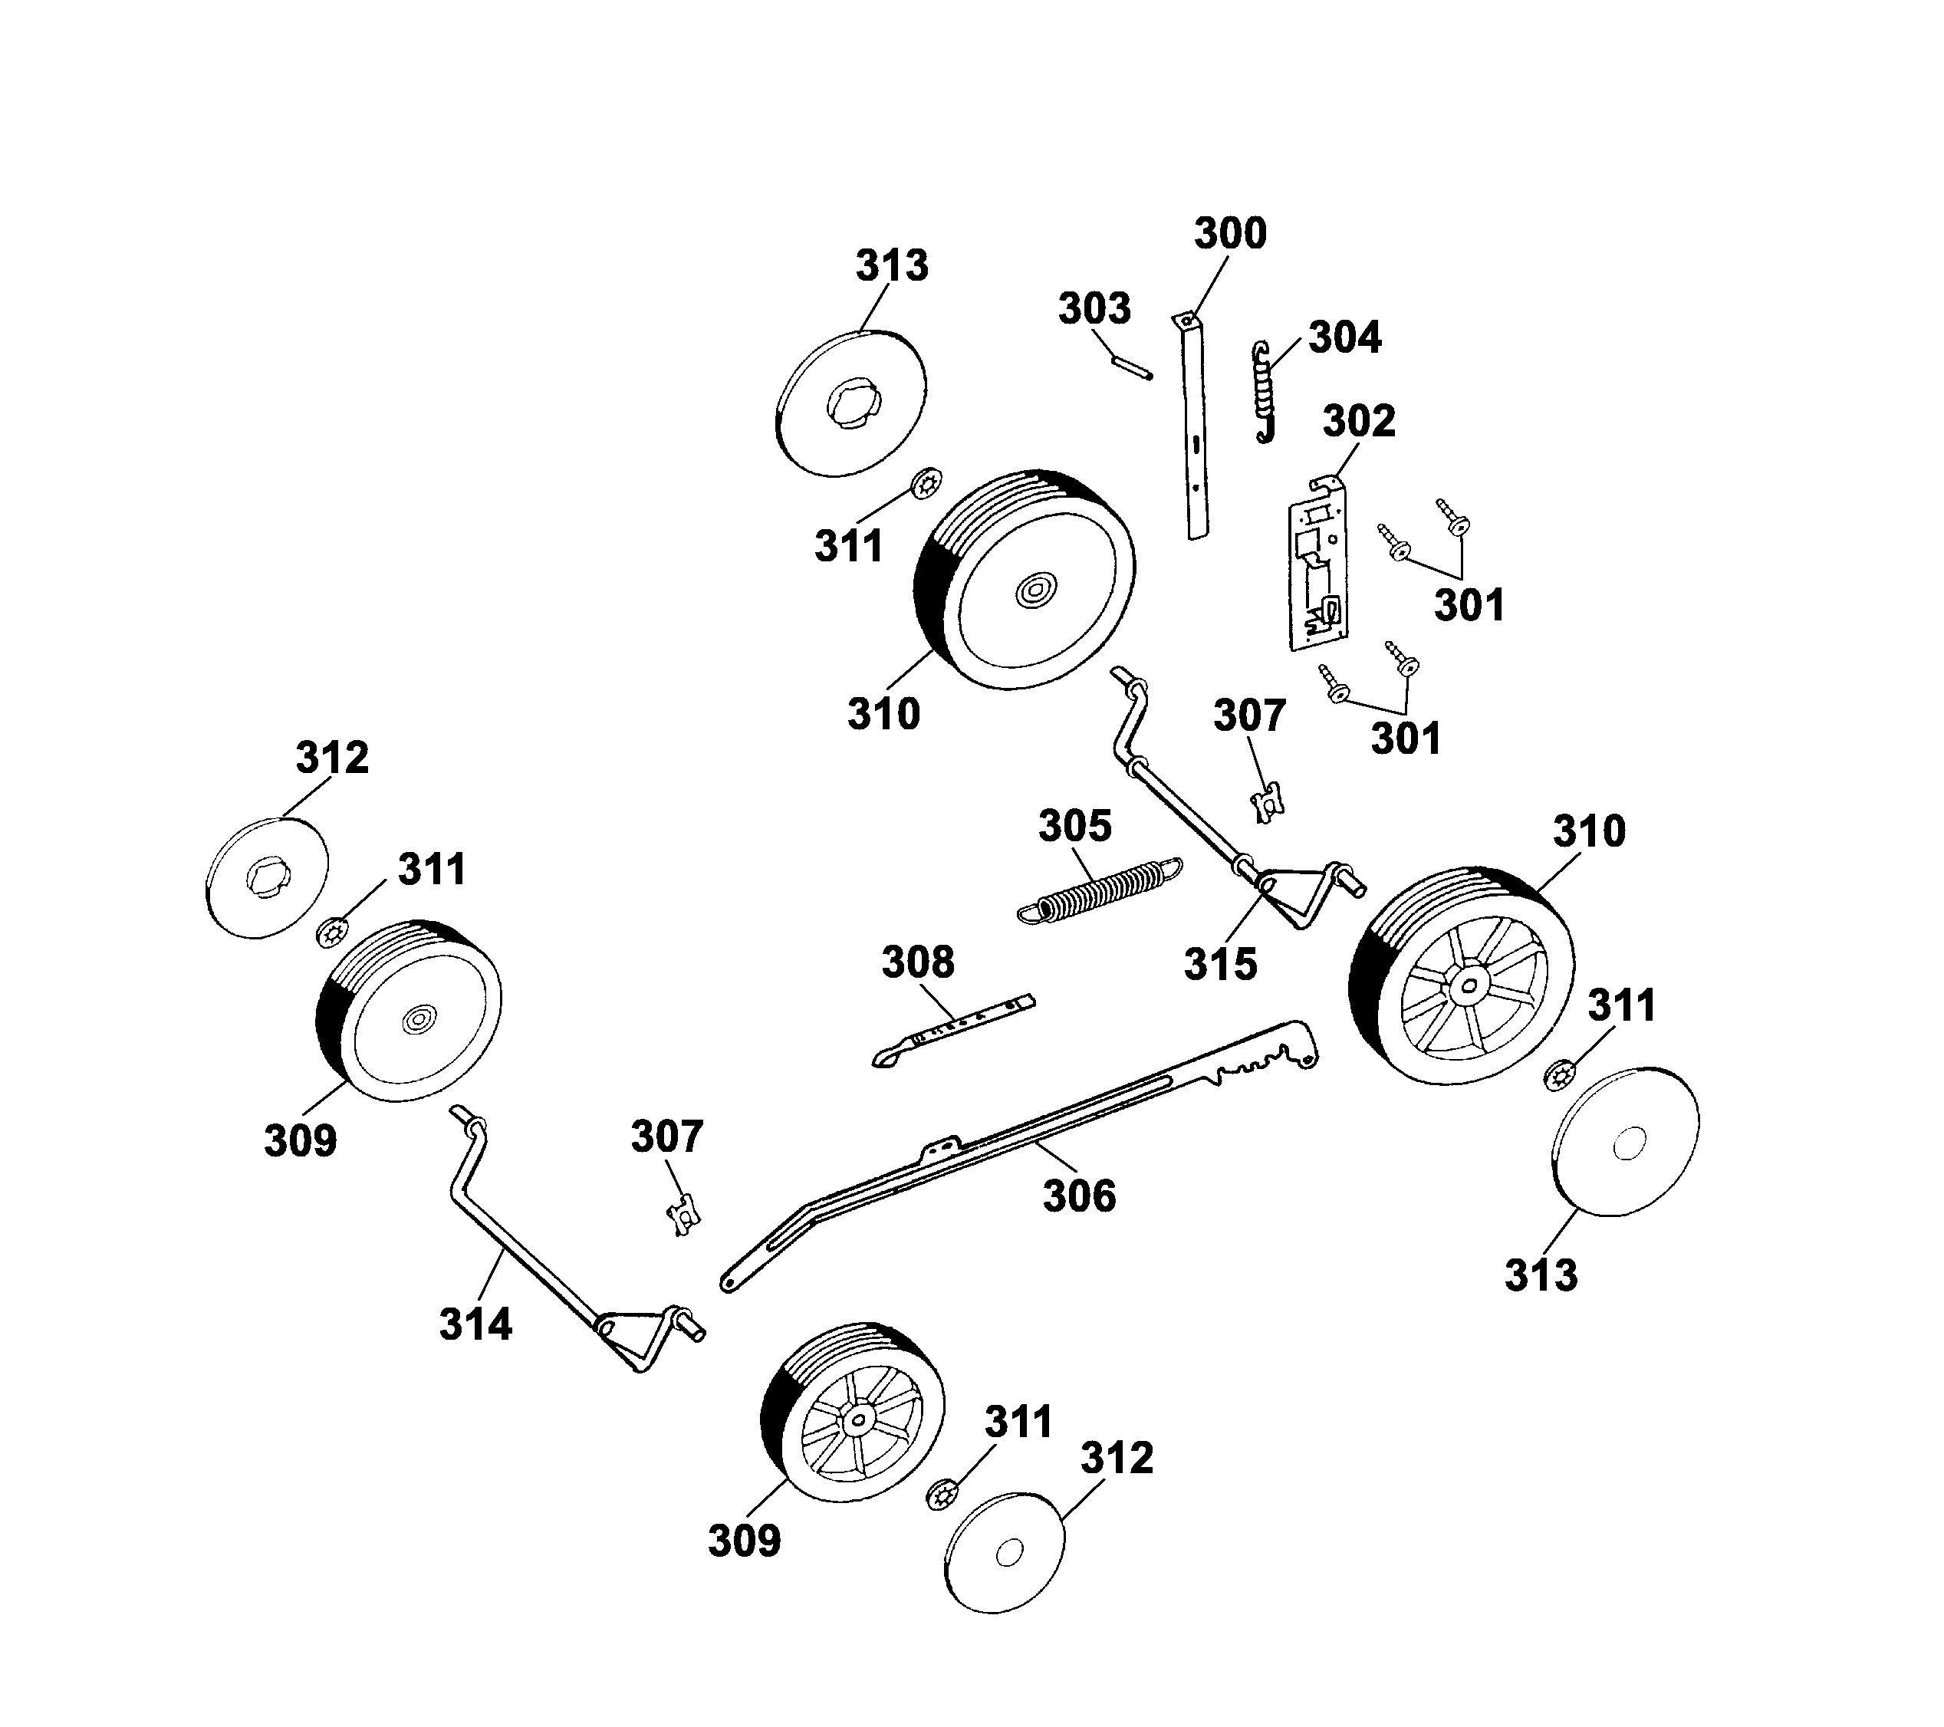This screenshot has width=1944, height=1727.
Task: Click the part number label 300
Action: [x=1230, y=234]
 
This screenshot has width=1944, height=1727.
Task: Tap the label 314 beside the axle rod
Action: [x=475, y=1324]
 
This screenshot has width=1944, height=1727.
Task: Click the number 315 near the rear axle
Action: [x=1220, y=964]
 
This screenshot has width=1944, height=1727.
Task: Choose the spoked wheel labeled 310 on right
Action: [x=1462, y=975]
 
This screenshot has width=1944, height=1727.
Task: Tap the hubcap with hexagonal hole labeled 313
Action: [x=851, y=404]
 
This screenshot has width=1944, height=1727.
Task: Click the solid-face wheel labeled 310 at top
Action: [x=1027, y=580]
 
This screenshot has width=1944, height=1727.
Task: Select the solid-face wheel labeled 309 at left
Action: [x=409, y=1010]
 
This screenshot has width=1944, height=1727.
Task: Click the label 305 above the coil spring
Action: [x=1074, y=827]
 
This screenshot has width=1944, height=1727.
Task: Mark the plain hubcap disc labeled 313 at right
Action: [x=1624, y=1141]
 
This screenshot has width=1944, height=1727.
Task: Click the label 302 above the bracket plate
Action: [x=1359, y=421]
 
